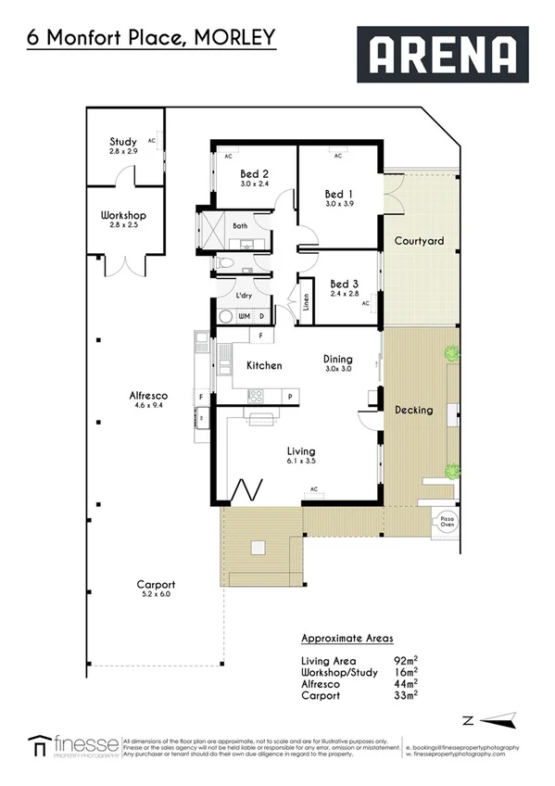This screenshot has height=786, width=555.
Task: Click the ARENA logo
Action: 442,55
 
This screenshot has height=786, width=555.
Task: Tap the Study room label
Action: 123,142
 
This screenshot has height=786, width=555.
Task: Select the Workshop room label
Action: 123,215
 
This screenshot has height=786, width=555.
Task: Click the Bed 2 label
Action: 254,173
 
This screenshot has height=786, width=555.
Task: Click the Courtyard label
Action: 419,241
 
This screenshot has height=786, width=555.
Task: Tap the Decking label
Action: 413,410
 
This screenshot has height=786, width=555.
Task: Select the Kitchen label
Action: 263,365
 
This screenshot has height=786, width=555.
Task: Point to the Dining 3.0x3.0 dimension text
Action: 337,369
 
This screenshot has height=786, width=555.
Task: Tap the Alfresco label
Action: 147,396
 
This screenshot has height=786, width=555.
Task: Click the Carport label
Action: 156,585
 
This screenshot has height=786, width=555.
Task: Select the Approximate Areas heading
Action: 347,639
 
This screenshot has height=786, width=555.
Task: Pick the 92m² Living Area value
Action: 403,660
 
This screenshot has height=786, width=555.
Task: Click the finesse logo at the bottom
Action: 73,744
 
